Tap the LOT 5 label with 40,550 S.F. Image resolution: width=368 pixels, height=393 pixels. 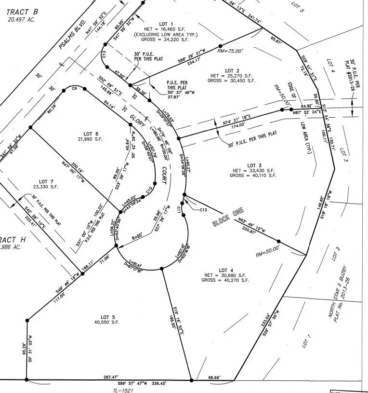click(107, 316)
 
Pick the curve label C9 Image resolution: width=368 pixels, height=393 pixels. click(75, 89)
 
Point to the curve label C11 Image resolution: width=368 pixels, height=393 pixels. click(179, 209)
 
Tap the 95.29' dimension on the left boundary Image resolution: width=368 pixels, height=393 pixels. click(23, 349)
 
